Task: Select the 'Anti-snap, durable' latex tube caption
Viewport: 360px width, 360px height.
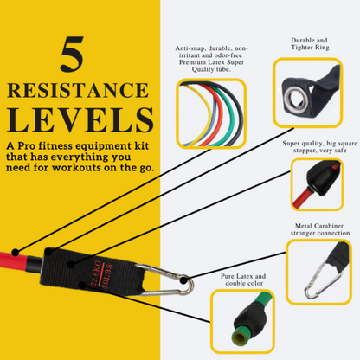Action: click(x=210, y=61)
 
